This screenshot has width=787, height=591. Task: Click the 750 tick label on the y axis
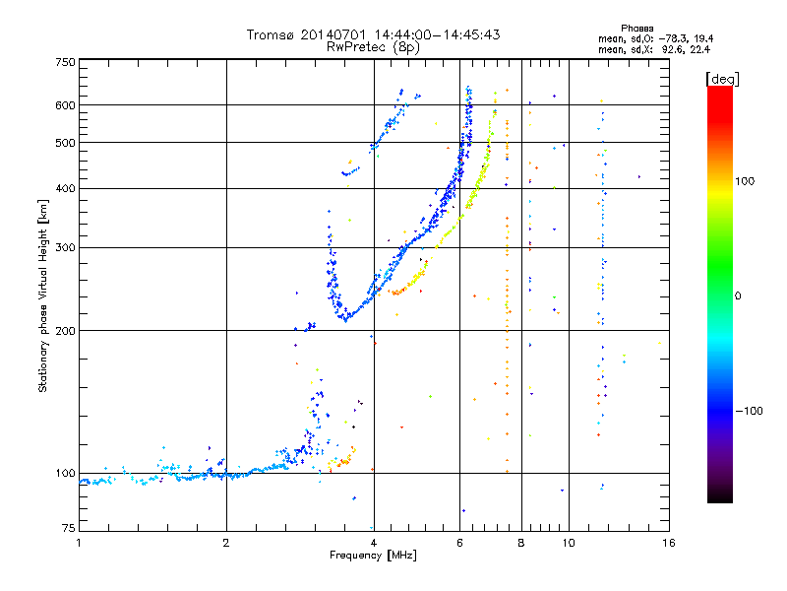tap(66, 62)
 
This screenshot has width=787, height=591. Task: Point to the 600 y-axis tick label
tap(66, 105)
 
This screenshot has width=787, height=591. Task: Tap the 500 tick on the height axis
tap(66, 143)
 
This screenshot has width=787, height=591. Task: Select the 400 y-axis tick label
tap(66, 189)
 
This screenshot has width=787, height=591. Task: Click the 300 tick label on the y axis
tap(66, 248)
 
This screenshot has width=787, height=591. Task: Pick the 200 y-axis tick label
tap(66, 331)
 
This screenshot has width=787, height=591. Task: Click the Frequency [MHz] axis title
tap(373, 556)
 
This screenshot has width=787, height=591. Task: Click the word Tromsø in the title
tap(270, 34)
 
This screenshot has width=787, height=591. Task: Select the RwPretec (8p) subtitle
tap(373, 46)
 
